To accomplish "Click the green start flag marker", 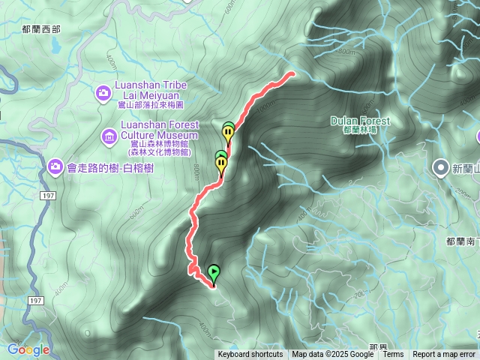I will (214, 274).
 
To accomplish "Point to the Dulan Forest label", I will (360, 121).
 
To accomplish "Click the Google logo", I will (28, 349).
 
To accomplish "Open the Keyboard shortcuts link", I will (250, 355).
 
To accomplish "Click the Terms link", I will (393, 355).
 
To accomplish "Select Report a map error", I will (444, 355).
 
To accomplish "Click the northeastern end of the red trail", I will (291, 73).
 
